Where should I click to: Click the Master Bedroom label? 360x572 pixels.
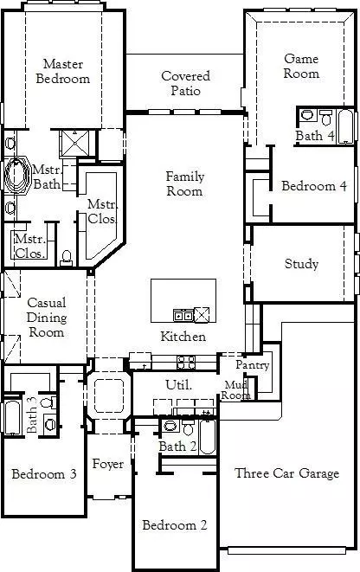(x=67, y=72)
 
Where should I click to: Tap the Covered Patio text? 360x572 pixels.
(x=185, y=83)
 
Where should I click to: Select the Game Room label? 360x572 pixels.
(x=301, y=67)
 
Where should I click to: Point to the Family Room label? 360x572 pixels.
(x=185, y=183)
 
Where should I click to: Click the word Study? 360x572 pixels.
(x=301, y=264)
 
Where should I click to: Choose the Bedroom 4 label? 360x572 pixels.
(x=314, y=186)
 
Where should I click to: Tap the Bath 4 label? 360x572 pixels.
(x=315, y=136)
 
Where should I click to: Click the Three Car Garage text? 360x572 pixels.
(x=286, y=473)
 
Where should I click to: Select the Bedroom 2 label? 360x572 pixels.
(x=175, y=525)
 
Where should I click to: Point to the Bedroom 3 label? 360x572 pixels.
(x=43, y=474)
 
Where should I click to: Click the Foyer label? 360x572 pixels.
(x=108, y=465)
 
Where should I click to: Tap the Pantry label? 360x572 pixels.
(x=253, y=366)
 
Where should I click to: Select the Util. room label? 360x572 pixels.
(x=178, y=383)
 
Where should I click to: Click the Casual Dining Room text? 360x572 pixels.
(x=46, y=317)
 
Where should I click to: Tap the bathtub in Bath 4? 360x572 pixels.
(x=345, y=126)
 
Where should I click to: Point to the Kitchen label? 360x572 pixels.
(x=183, y=337)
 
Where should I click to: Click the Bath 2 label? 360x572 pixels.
(x=177, y=446)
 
